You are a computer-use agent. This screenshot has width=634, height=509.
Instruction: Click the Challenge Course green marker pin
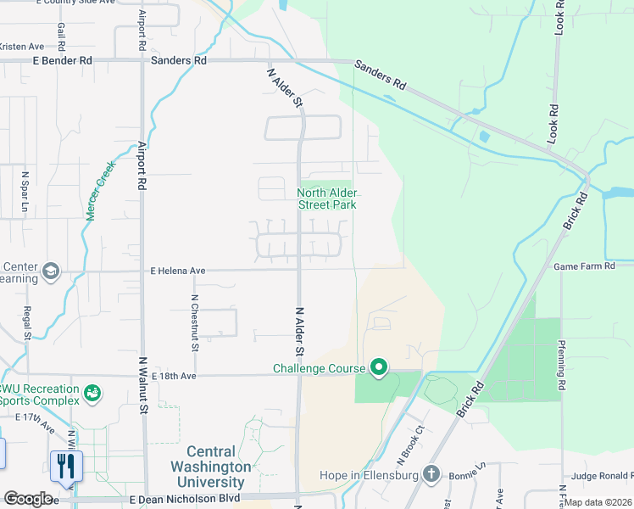tap(379, 367)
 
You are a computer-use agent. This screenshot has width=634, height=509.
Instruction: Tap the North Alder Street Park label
tap(326, 199)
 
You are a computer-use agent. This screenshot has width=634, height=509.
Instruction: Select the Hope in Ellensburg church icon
tap(431, 473)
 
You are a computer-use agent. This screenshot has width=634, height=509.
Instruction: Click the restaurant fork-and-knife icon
tap(66, 465)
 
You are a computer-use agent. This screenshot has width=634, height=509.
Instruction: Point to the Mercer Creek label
tap(100, 193)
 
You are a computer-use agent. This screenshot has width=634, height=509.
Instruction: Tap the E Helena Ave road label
tap(177, 271)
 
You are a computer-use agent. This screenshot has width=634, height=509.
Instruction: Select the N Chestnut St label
tap(195, 322)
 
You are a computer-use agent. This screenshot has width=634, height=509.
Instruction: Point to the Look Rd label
tap(559, 17)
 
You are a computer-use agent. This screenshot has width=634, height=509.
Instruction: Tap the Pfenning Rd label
tap(561, 366)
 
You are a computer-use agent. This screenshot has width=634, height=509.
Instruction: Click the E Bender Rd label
tap(62, 61)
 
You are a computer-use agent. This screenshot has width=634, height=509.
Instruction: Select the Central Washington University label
tap(219, 467)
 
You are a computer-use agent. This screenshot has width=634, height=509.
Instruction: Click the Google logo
tap(28, 499)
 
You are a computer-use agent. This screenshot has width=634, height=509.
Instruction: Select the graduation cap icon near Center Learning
tap(51, 271)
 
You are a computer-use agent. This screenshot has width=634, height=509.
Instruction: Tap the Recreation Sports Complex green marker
tap(92, 394)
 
